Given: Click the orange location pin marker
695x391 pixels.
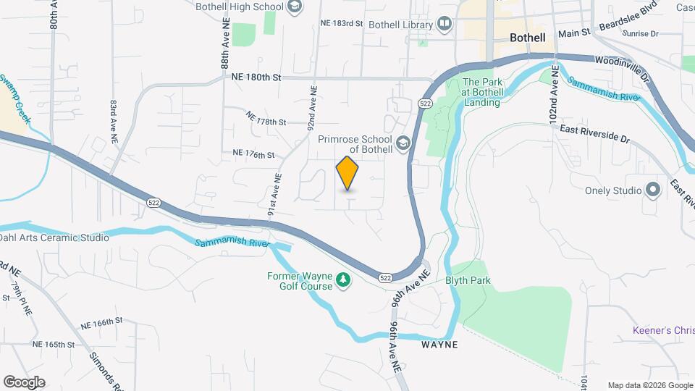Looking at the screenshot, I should [x=347, y=173].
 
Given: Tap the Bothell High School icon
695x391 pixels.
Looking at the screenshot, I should [x=294, y=7].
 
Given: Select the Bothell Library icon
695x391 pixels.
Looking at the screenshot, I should [x=444, y=25].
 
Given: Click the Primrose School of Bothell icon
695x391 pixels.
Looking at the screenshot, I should [x=403, y=143].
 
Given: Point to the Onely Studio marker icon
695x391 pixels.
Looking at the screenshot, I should [x=654, y=191].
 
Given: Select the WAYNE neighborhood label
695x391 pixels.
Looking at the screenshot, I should [x=439, y=345].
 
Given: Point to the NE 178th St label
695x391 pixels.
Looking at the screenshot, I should [x=266, y=119].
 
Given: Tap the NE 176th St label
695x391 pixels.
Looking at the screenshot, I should [x=253, y=154].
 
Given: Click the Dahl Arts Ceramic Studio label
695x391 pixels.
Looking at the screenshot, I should [x=54, y=237].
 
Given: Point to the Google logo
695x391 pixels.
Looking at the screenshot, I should [x=24, y=382].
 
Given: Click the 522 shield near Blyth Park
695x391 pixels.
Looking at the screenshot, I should [x=386, y=277].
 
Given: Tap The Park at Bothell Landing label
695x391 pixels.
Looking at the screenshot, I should [x=481, y=92].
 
